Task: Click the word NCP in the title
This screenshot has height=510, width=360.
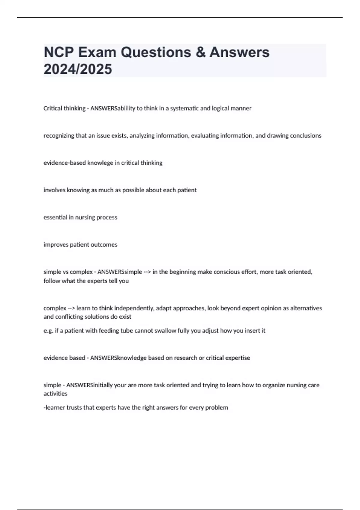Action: tap(59, 52)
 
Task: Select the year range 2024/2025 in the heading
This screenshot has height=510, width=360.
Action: tap(78, 69)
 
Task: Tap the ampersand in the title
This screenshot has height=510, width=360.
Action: tap(201, 52)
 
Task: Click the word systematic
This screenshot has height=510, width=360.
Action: tap(184, 108)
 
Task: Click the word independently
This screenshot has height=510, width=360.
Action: tap(134, 308)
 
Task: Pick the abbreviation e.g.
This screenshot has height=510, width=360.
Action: tap(48, 331)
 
